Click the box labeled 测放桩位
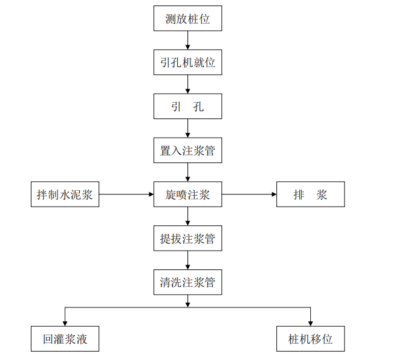tap(187, 19)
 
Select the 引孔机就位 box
tap(187, 62)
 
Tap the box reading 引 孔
tap(187, 106)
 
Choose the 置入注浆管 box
tap(187, 150)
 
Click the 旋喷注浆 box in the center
tap(187, 194)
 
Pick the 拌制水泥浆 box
tap(65, 194)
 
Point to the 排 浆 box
tap(310, 194)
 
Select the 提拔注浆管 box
tap(187, 239)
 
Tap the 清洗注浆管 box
tap(187, 282)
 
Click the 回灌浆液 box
tap(65, 339)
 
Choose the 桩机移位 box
tap(310, 339)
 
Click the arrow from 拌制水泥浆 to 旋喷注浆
tap(126, 194)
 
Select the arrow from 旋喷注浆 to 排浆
tap(248, 194)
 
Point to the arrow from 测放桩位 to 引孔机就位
tap(187, 40)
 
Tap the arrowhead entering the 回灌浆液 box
tap(65, 323)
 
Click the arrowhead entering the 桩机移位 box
tap(310, 323)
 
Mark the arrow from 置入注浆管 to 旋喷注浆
tap(187, 172)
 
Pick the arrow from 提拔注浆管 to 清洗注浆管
tap(187, 260)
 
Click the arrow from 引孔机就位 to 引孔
tap(187, 85)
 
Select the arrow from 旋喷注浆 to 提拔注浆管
tap(187, 216)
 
